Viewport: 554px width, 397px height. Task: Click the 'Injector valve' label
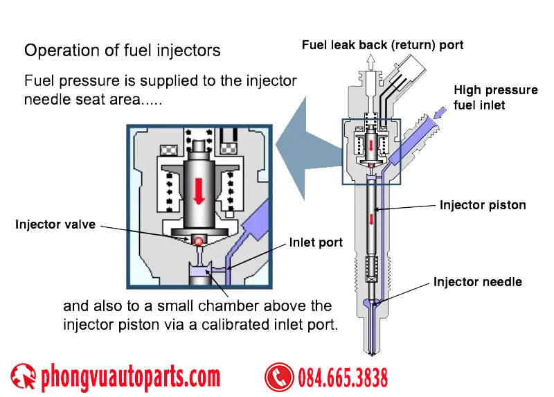coord(55,224)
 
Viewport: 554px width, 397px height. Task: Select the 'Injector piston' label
coord(483,205)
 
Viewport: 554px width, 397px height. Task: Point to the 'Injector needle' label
coord(478,282)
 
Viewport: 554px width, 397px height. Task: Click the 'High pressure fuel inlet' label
coord(495,98)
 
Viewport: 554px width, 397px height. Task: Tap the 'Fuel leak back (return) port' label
coord(382,45)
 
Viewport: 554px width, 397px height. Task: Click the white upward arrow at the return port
coord(370,62)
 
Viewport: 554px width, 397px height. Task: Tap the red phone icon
coord(279,378)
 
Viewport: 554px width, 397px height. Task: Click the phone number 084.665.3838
coord(343,378)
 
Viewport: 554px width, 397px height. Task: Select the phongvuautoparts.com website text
coord(131,378)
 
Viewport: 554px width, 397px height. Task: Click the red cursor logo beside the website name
coord(23,377)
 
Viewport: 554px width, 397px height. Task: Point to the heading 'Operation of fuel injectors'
coord(123,51)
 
